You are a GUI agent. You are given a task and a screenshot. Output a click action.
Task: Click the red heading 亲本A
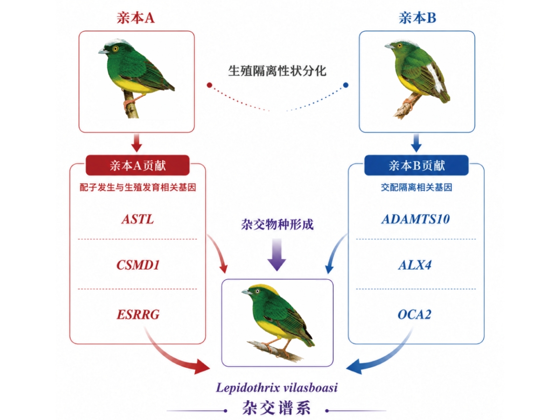135,18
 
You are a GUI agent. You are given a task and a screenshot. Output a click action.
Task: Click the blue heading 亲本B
417,18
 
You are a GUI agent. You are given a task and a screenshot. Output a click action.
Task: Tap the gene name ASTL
138,219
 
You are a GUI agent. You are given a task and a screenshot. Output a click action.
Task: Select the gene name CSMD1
138,265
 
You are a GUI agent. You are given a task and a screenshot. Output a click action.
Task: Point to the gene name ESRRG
138,314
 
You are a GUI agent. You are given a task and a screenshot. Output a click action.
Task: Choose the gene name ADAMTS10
415,219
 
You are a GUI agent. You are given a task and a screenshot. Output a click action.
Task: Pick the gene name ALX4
415,265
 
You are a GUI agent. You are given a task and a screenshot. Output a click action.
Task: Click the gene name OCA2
414,314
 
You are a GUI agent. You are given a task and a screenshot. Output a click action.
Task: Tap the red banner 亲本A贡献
138,165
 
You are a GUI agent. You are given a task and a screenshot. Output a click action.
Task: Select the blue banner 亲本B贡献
416,165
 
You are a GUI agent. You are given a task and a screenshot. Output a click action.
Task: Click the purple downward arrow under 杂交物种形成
277,254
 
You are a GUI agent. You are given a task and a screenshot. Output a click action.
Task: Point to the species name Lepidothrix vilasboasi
277,388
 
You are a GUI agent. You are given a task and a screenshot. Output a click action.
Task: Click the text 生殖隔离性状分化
277,71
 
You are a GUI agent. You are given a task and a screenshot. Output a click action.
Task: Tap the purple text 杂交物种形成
277,224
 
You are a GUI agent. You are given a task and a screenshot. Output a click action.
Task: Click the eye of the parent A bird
115,49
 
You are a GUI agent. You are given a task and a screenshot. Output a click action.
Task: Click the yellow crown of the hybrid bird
266,288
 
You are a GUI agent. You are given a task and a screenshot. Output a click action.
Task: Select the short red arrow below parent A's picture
137,143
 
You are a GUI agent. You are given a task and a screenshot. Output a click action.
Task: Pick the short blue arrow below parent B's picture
416,143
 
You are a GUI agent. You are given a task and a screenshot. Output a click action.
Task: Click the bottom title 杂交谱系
277,407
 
